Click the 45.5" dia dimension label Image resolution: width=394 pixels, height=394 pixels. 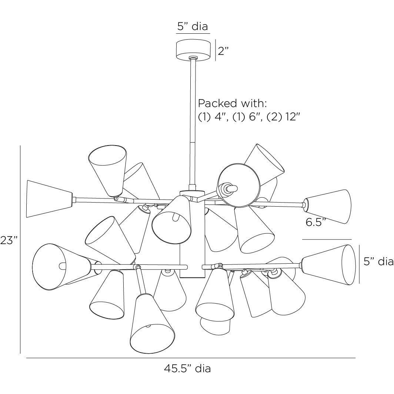point(187,368)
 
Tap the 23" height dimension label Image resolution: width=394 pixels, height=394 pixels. point(9,240)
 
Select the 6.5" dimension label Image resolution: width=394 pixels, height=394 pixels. point(316,222)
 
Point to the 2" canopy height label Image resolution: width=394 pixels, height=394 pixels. point(223,51)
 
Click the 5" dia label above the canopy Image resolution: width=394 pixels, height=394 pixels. point(193,26)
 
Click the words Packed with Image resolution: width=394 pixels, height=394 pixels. point(232,103)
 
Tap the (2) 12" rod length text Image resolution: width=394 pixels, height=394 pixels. point(283,117)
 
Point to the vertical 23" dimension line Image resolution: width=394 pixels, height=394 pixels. point(20,250)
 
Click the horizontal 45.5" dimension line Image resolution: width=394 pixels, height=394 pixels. point(191,358)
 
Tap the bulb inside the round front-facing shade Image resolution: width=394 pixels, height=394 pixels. point(229,188)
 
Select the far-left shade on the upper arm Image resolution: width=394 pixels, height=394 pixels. point(49,199)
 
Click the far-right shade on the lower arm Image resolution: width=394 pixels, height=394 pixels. point(329,265)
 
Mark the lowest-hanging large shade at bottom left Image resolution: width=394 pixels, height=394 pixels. point(152,324)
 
